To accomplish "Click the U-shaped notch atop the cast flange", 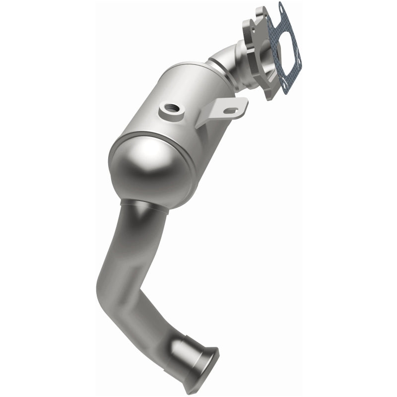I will point(260,15).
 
